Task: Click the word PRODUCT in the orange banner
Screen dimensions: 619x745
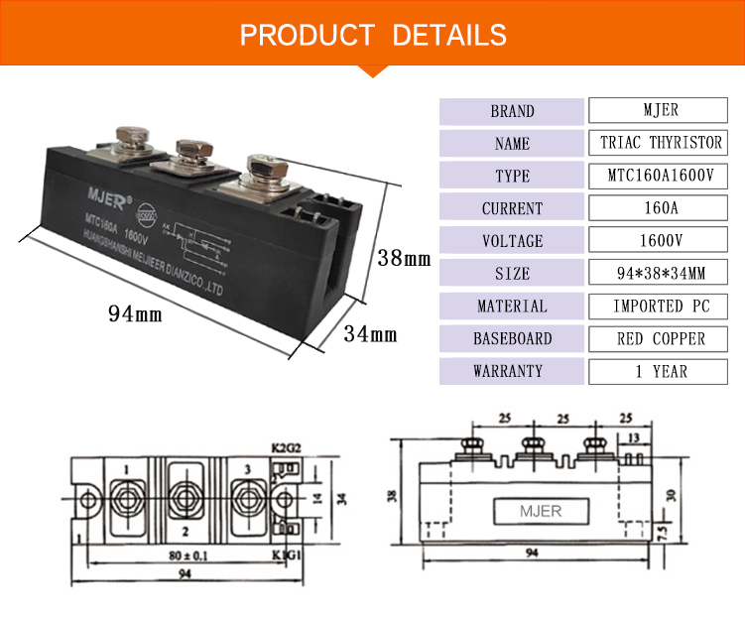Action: point(307,35)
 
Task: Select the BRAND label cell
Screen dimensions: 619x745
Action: point(512,111)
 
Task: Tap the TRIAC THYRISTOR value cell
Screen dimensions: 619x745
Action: point(661,143)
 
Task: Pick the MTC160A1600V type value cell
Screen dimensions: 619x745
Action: point(661,176)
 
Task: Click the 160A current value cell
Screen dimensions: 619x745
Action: point(661,208)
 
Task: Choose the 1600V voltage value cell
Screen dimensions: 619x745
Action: point(661,241)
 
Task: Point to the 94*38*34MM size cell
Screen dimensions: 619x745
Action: point(661,274)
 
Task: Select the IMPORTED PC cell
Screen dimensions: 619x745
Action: point(661,306)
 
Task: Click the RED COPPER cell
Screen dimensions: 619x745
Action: point(661,338)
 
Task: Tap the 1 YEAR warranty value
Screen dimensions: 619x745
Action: point(661,371)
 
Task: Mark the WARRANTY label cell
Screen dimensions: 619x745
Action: point(512,371)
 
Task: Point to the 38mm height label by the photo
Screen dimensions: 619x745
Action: point(404,259)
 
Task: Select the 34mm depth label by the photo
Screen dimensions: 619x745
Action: point(369,334)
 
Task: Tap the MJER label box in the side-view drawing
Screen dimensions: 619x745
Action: point(541,512)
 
